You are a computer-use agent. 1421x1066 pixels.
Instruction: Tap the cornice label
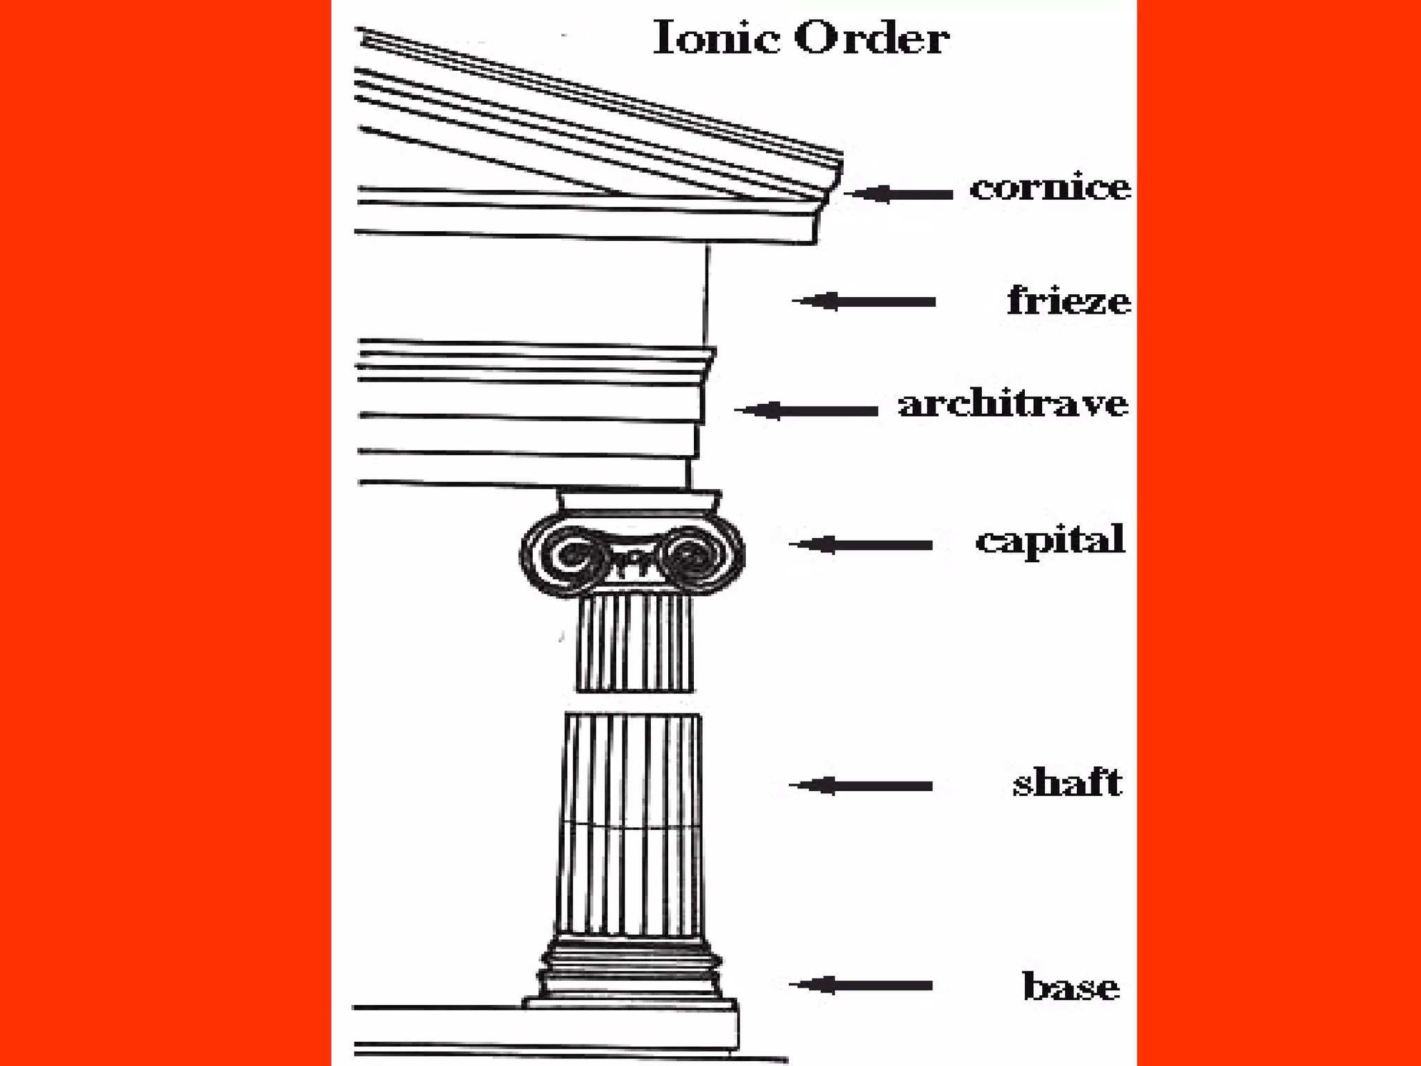(x=1050, y=188)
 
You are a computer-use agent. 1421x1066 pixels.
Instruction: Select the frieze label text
(x=1069, y=301)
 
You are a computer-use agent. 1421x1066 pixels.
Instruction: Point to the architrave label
(x=1013, y=405)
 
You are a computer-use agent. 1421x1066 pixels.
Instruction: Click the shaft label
(x=1067, y=783)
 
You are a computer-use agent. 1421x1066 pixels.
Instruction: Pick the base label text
(x=1071, y=986)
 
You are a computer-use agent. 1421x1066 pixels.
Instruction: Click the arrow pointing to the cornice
(x=899, y=194)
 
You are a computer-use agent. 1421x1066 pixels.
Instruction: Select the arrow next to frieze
(x=864, y=301)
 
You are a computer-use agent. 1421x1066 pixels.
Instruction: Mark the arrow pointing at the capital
(x=860, y=544)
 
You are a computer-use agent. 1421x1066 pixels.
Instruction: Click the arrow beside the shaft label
(x=860, y=786)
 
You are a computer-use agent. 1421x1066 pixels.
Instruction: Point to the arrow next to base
(x=860, y=985)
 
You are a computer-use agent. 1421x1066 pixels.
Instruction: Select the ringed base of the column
(x=630, y=972)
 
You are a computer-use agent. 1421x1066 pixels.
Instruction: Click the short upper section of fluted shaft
(x=635, y=642)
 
